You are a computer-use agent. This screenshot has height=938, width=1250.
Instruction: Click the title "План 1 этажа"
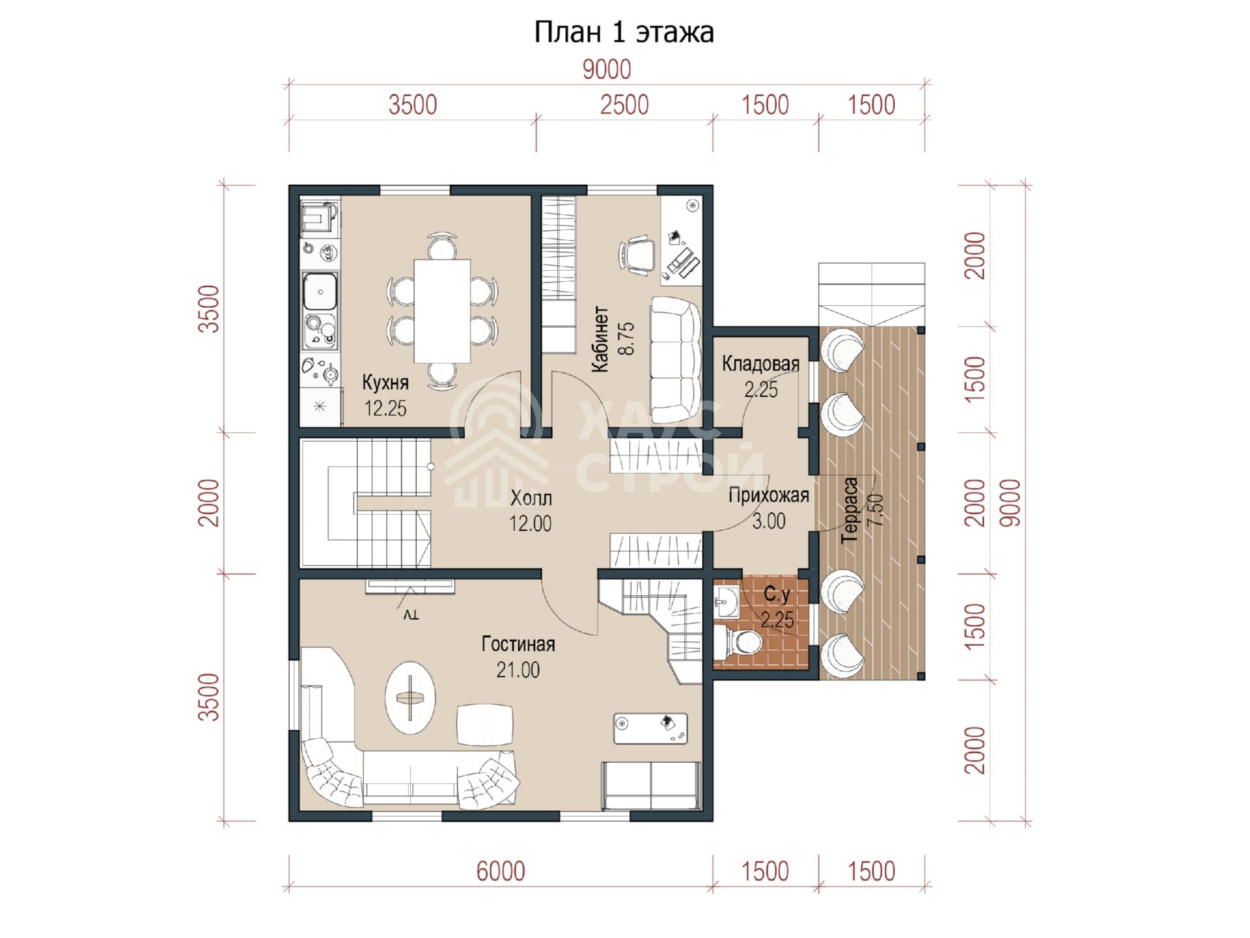(x=624, y=32)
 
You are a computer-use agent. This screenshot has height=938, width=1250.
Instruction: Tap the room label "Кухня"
(x=385, y=382)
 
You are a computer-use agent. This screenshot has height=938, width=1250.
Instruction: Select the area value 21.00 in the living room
(x=518, y=669)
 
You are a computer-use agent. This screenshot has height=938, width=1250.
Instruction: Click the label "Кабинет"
(x=600, y=339)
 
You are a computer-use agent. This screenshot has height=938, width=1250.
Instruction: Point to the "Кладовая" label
(x=760, y=364)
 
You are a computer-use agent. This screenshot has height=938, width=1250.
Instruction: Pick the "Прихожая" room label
(x=769, y=495)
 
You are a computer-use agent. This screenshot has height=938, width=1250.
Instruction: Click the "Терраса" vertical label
(x=850, y=510)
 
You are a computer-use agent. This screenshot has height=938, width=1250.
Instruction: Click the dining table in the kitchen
(x=442, y=311)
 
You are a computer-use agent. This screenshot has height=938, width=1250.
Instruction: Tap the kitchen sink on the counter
(x=320, y=291)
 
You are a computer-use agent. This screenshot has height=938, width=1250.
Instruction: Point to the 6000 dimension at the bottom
(x=501, y=871)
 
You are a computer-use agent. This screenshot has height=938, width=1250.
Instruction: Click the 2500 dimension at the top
(x=624, y=105)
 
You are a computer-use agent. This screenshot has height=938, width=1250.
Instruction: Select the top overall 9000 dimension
(x=606, y=69)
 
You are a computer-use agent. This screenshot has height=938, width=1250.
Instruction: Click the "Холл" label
(x=531, y=498)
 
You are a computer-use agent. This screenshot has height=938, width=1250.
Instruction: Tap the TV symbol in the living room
(x=410, y=597)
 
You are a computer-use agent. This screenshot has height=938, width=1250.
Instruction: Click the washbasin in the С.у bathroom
(x=725, y=603)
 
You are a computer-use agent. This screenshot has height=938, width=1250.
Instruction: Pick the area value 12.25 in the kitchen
(x=385, y=408)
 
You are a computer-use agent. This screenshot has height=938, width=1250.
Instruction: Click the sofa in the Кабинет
(x=676, y=360)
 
